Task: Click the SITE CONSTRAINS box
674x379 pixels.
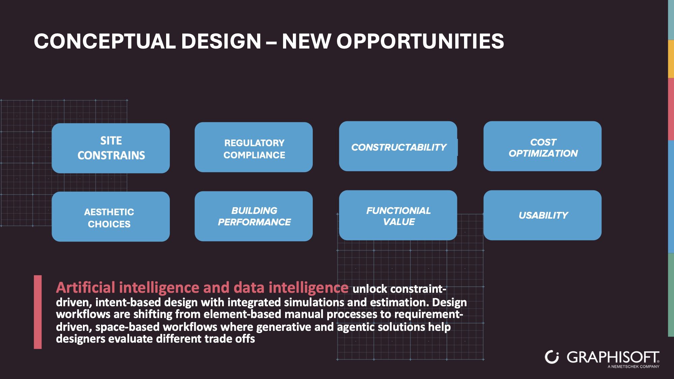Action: click(111, 148)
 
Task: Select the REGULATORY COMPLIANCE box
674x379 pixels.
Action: click(253, 147)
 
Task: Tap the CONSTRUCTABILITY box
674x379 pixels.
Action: click(398, 146)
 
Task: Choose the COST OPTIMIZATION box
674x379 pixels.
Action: click(542, 146)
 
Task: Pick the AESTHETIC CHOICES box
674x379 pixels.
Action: click(111, 217)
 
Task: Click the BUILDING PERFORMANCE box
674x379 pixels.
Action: click(253, 216)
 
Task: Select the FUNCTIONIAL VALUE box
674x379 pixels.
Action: click(398, 215)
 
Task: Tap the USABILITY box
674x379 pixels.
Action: click(542, 215)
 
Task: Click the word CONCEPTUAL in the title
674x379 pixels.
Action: click(104, 41)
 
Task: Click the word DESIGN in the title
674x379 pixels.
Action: click(221, 41)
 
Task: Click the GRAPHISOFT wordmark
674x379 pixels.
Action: click(613, 357)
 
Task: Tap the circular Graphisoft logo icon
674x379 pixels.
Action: click(552, 357)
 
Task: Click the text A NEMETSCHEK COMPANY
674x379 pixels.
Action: click(633, 367)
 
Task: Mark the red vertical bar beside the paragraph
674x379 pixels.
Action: click(38, 312)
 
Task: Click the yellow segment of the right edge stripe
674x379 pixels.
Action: click(671, 59)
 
